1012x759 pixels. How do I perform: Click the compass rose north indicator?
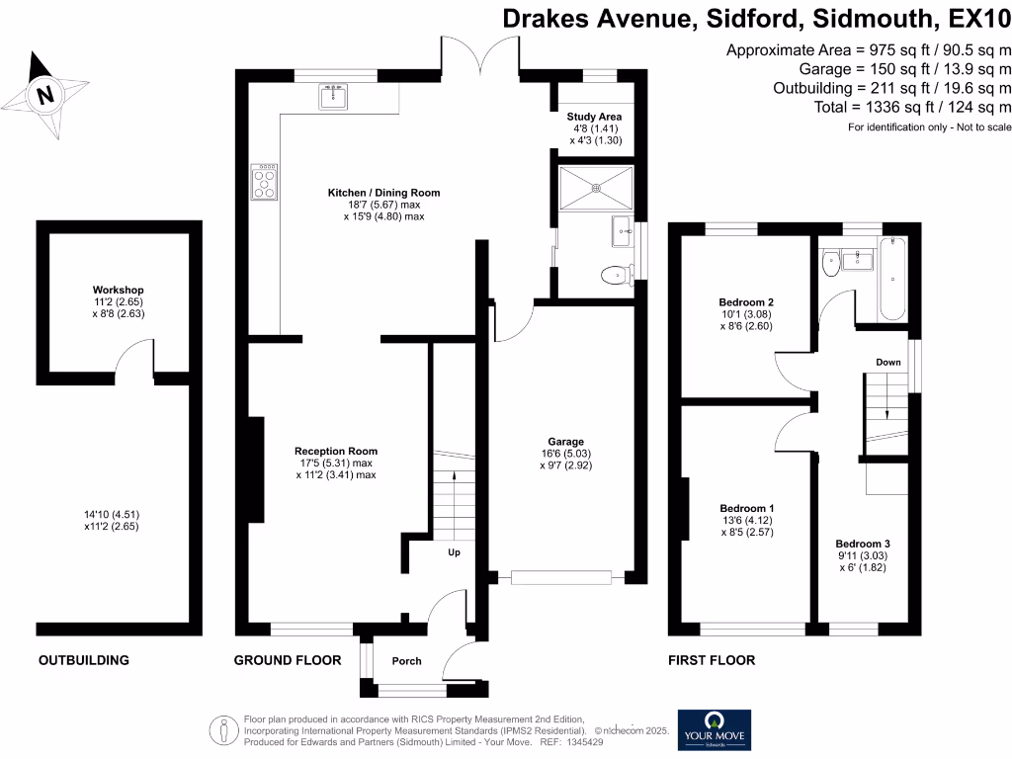point(43,94)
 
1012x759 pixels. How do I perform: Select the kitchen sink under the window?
point(333,96)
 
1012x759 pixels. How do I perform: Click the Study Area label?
point(593,117)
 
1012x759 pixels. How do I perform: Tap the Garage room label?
point(566,442)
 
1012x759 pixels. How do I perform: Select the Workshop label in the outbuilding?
point(118,291)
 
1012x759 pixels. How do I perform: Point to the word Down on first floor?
point(887,363)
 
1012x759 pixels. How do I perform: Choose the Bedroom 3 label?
point(863,544)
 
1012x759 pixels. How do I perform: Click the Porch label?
point(406,661)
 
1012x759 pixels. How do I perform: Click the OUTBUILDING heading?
point(83,660)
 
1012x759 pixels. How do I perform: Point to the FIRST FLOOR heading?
point(711,660)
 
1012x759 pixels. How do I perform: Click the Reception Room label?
point(335,452)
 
